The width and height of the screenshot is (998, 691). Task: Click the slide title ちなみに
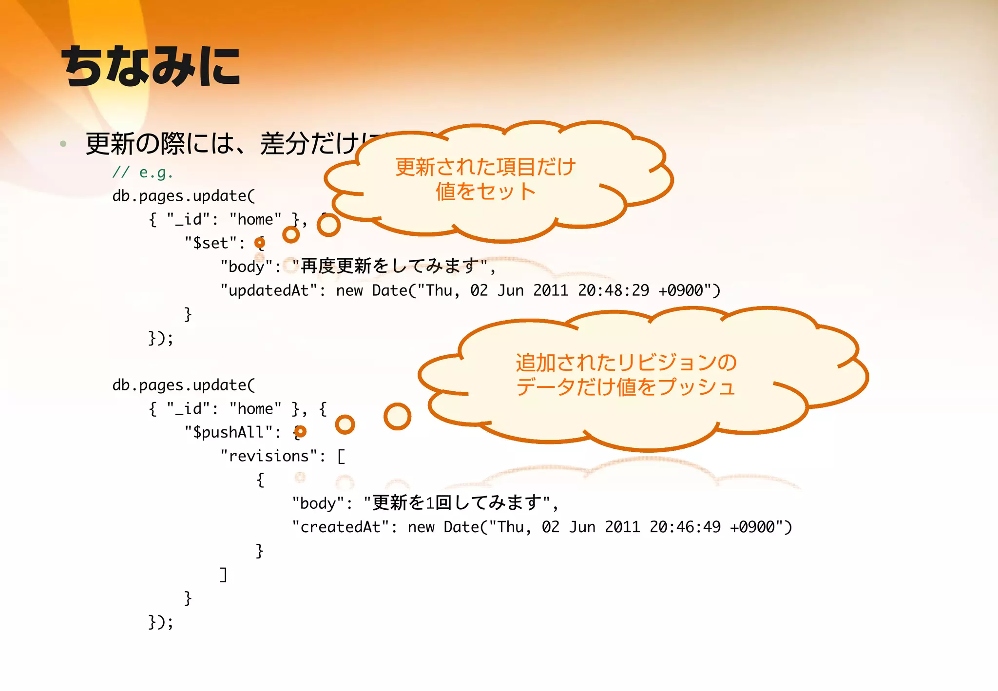pyautogui.click(x=151, y=67)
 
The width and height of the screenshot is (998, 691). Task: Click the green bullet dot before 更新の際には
pyautogui.click(x=63, y=144)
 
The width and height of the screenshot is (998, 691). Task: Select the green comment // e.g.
pyautogui.click(x=142, y=172)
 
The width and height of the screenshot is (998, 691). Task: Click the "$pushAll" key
pyautogui.click(x=229, y=432)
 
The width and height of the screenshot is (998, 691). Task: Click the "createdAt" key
pyautogui.click(x=341, y=527)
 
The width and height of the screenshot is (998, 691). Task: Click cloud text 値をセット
pyautogui.click(x=485, y=191)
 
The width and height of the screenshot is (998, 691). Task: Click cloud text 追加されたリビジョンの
pyautogui.click(x=626, y=363)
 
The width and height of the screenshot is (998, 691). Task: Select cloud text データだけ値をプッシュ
pyautogui.click(x=626, y=387)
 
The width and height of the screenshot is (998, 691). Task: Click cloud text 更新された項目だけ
pyautogui.click(x=485, y=167)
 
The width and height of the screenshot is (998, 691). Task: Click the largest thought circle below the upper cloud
pyautogui.click(x=328, y=225)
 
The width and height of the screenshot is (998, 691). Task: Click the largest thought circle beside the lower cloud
pyautogui.click(x=397, y=417)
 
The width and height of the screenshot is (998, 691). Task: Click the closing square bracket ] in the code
pyautogui.click(x=223, y=575)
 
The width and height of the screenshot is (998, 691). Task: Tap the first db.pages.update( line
pyautogui.click(x=184, y=196)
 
